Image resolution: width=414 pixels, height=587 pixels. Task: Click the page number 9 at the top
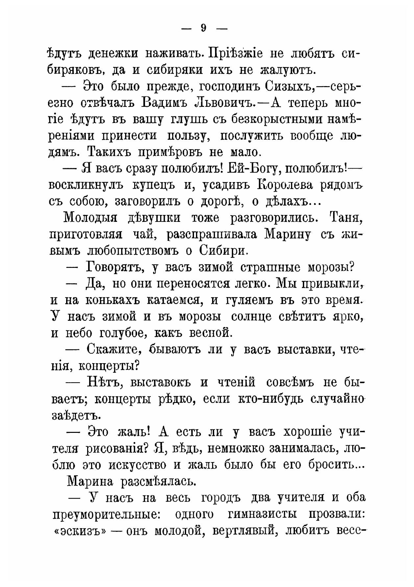204,29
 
